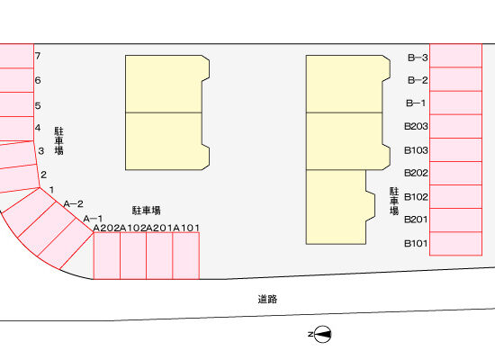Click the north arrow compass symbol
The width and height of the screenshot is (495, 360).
[323, 334]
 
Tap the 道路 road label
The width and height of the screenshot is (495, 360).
[267, 299]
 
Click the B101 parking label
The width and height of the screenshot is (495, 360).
[416, 243]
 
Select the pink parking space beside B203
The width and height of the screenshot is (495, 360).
[455, 126]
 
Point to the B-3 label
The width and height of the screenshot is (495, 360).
[418, 58]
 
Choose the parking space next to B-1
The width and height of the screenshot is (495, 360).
[455, 103]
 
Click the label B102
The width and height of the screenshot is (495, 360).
[416, 197]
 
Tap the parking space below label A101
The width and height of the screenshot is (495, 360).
[186, 256]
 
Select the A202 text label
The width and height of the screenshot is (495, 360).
[107, 228]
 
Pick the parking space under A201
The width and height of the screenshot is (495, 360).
[159, 256]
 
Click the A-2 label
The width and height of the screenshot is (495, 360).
[73, 204]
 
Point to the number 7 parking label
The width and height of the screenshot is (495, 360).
[38, 56]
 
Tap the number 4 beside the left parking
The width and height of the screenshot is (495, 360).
[38, 128]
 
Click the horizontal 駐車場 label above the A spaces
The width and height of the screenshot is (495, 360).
[146, 211]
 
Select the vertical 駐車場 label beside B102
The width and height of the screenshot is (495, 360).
[394, 202]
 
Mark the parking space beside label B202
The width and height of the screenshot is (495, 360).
[455, 173]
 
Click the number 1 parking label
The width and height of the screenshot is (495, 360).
[51, 190]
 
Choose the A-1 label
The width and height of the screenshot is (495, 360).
[93, 219]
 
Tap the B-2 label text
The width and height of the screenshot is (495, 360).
[418, 80]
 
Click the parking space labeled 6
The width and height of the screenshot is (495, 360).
[17, 80]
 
